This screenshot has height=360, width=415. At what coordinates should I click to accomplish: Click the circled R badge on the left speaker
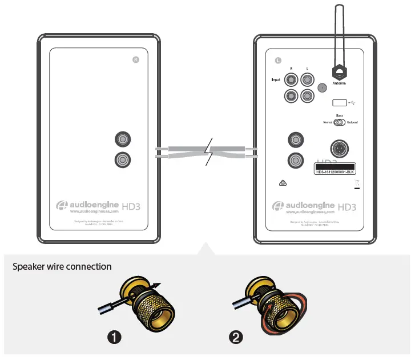[x=136, y=60]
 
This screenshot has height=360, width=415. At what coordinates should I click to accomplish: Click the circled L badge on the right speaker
[x=278, y=59]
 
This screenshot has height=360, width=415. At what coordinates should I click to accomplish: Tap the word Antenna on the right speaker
[x=339, y=83]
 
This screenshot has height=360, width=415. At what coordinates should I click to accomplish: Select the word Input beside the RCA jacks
[x=276, y=80]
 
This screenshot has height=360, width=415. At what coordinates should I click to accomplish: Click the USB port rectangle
[x=339, y=103]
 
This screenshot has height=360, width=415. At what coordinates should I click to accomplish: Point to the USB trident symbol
[x=354, y=103]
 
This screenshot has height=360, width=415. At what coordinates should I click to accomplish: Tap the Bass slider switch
[x=339, y=122]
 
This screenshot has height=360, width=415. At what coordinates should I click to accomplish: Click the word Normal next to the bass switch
[x=327, y=122]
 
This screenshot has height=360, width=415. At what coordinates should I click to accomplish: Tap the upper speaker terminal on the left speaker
[x=123, y=139]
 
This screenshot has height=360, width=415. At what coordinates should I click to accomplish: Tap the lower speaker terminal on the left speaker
[x=123, y=159]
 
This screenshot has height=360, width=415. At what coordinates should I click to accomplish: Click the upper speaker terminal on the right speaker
[x=296, y=139]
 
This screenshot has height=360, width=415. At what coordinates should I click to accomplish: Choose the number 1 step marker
[x=115, y=337]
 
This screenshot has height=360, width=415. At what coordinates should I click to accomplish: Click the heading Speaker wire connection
[x=62, y=267]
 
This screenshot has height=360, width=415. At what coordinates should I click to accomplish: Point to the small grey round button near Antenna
[x=322, y=88]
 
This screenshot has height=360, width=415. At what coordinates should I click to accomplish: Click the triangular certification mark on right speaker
[x=282, y=183]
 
